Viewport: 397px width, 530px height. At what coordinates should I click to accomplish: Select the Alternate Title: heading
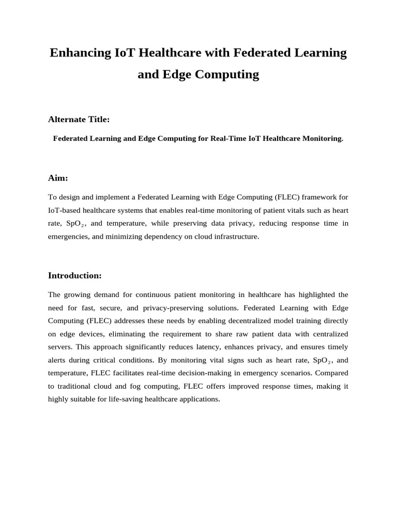(x=79, y=120)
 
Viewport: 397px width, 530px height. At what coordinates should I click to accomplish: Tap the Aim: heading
(x=58, y=178)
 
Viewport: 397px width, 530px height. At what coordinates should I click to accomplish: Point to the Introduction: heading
(x=75, y=275)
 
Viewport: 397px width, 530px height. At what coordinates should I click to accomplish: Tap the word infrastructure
(x=231, y=237)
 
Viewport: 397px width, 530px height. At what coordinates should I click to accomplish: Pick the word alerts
(x=57, y=360)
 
